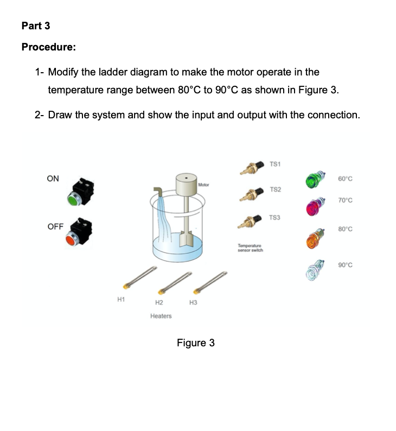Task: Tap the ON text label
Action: coord(53,178)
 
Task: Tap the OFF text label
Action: coord(55,226)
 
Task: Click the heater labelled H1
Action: coord(140,276)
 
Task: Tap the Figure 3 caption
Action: coord(195,343)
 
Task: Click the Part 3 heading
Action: coord(36,26)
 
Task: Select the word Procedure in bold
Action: coord(48,47)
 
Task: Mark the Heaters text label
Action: coord(161,316)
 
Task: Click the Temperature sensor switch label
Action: coord(250,248)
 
